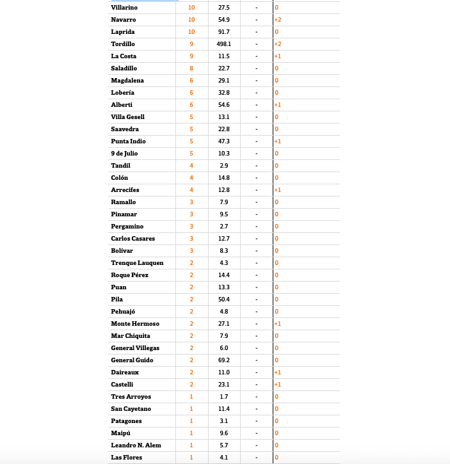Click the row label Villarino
pyautogui.click(x=124, y=8)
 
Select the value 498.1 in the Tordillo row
pyautogui.click(x=223, y=44)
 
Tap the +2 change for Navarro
pyautogui.click(x=278, y=20)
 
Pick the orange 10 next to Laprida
pyautogui.click(x=191, y=32)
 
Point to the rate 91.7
pyautogui.click(x=223, y=32)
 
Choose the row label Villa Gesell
pyautogui.click(x=127, y=117)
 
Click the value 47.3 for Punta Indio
pyautogui.click(x=223, y=141)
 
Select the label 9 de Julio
pyautogui.click(x=124, y=154)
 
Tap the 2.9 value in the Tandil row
pyautogui.click(x=223, y=166)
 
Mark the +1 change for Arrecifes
pyautogui.click(x=278, y=190)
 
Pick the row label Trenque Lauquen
pyautogui.click(x=137, y=263)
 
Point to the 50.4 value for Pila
pyautogui.click(x=223, y=300)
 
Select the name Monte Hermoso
pyautogui.click(x=135, y=324)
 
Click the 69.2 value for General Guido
pyautogui.click(x=223, y=360)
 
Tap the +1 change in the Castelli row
pyautogui.click(x=278, y=385)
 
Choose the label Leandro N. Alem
pyautogui.click(x=136, y=445)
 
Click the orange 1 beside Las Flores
pyautogui.click(x=191, y=458)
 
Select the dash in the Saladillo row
pyautogui.click(x=256, y=68)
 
